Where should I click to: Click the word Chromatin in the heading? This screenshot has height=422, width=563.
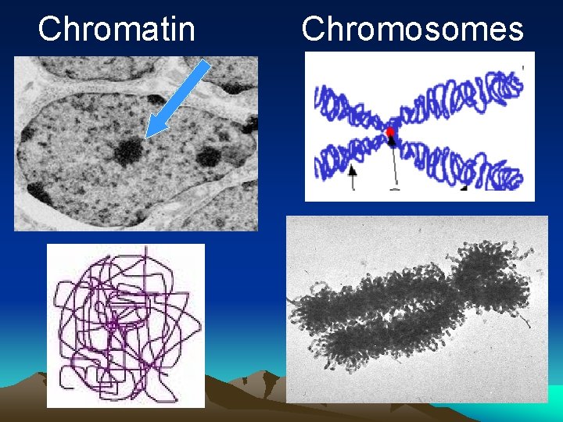(x=117, y=30)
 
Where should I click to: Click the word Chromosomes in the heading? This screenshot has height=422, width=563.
(x=412, y=30)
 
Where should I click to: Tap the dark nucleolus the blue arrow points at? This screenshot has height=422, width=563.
(x=126, y=152)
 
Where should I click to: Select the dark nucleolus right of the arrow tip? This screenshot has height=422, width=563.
(x=209, y=157)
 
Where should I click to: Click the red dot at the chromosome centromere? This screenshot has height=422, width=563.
(x=390, y=132)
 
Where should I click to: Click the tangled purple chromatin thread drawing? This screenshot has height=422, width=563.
(x=125, y=324)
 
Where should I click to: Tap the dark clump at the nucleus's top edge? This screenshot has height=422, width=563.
(x=156, y=101)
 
